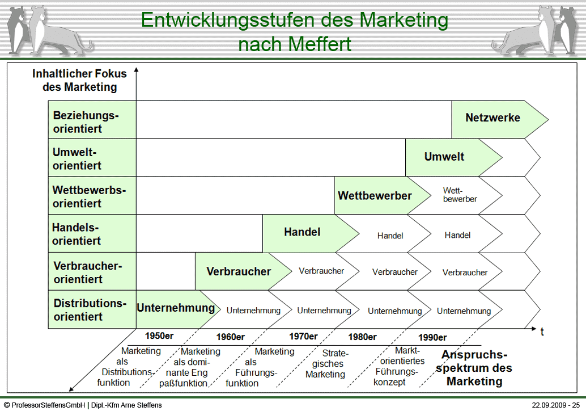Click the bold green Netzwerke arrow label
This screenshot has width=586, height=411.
point(492,118)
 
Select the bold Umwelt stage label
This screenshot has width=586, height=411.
point(444,157)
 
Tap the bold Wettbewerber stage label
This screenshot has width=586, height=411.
point(375,196)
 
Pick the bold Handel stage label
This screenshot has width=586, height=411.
point(302,232)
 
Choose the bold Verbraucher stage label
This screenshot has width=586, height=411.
point(239,271)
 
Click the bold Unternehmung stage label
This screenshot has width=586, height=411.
point(176,308)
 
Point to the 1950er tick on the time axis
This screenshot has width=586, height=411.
point(159,335)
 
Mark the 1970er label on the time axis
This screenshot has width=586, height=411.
point(303,336)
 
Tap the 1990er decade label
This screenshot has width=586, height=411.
point(432,337)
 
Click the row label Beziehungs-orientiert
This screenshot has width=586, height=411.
point(86,122)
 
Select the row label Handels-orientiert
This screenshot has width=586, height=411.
point(77,234)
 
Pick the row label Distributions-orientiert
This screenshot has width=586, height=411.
point(90,310)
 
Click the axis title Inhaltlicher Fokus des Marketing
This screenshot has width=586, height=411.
point(79,81)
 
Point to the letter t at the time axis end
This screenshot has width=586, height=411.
point(542,332)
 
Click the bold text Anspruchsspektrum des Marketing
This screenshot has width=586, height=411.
point(474,368)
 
